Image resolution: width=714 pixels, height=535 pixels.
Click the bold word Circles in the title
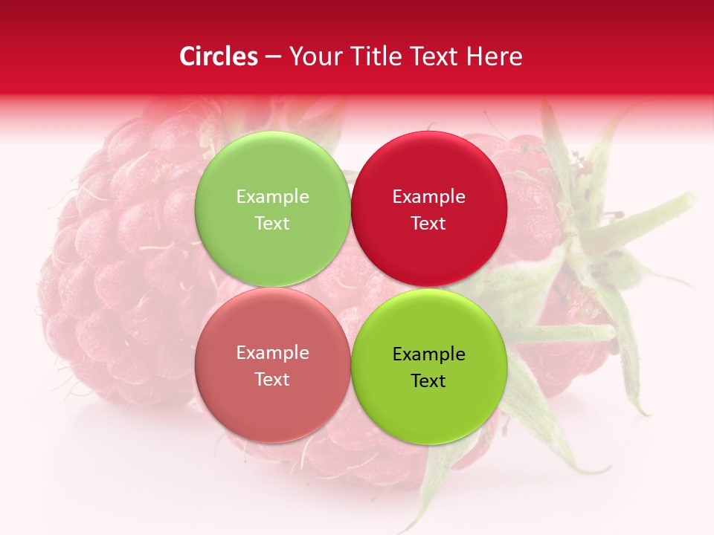tap(218, 56)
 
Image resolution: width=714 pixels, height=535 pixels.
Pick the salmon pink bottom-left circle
tap(272, 405)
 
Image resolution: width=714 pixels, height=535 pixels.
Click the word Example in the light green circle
tap(272, 197)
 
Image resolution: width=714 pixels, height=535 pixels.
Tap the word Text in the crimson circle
tap(428, 224)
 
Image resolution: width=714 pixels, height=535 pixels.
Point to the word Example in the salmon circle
tap(272, 353)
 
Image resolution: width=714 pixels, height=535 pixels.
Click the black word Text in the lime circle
tap(428, 381)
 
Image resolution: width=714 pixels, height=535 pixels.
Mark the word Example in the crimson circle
tap(428, 197)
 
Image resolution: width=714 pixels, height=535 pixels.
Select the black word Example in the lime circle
tap(428, 354)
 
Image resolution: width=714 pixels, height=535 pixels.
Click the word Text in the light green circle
tap(272, 224)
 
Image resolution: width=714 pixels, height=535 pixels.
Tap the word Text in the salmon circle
tap(272, 380)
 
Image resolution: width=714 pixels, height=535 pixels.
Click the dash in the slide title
tap(272, 57)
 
